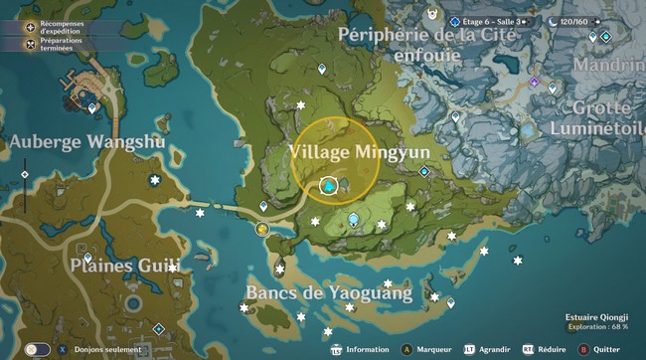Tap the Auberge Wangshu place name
87,142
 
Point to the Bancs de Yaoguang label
329,292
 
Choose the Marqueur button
427,349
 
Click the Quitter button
599,349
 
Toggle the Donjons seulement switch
38,349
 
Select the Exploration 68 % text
598,326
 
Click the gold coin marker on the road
262,229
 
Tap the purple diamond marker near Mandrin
535,82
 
